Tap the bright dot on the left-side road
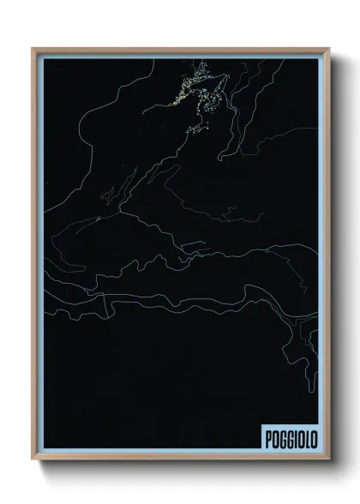[99, 219]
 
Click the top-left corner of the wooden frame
[34, 49]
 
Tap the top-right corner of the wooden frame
[327, 49]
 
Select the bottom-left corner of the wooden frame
[34, 459]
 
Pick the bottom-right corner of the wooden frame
[327, 459]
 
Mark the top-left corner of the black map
[45, 59]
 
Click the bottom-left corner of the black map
[45, 448]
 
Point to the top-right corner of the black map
[317, 59]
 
